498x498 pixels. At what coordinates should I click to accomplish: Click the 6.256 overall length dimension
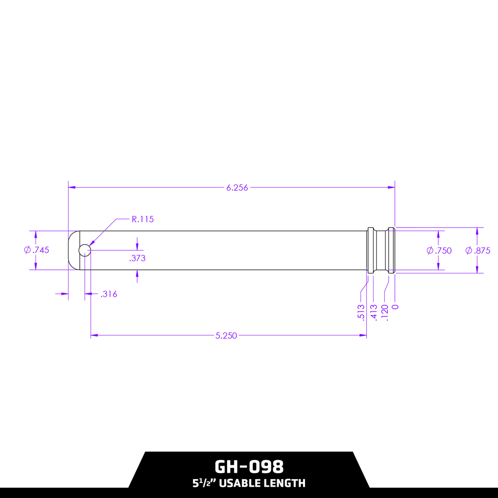point(237,188)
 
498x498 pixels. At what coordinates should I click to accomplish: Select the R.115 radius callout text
point(142,219)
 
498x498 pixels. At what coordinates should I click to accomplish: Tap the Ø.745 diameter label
point(36,250)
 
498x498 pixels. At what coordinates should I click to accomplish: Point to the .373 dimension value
point(137,258)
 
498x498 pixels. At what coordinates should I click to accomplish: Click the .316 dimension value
point(108,294)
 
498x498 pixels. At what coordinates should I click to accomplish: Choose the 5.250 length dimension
point(226,336)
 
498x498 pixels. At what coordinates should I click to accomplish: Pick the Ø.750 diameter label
point(439,250)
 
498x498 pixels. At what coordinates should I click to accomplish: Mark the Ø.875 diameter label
point(478,250)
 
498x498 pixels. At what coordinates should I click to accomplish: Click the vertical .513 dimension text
point(361,311)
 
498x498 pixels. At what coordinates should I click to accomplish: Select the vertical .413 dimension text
point(374,311)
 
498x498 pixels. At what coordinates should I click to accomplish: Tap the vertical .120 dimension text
point(385,311)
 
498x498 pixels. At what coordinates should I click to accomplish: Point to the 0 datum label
point(395,307)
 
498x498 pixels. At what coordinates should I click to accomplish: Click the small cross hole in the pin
point(85,250)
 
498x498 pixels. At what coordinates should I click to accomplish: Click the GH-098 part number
point(249,467)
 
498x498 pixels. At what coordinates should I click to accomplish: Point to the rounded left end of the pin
point(73,250)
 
